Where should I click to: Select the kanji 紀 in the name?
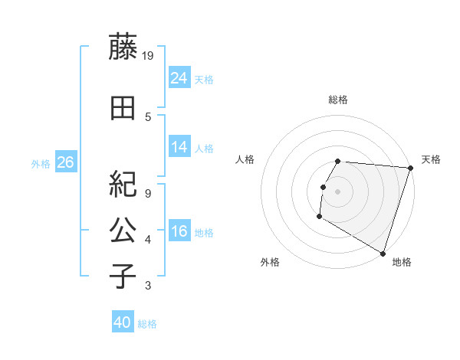tap(123, 183)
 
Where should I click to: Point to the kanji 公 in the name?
tap(123, 230)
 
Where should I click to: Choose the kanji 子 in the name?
tap(123, 276)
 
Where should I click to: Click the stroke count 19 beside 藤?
tap(148, 55)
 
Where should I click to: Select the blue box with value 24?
tap(179, 78)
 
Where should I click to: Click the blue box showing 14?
tap(179, 148)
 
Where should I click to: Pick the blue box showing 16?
tap(179, 232)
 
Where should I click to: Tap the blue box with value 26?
tap(65, 162)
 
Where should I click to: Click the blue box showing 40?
tap(123, 322)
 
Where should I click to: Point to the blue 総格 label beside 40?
tap(147, 324)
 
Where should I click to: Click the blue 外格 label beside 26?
tap(41, 163)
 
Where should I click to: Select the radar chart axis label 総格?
tap(338, 100)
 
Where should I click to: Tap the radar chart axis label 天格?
tap(431, 159)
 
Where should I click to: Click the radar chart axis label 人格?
tap(245, 159)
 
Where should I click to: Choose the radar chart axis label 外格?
tap(270, 262)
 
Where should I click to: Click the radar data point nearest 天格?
tap(410, 169)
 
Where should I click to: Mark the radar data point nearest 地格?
tap(383, 253)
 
